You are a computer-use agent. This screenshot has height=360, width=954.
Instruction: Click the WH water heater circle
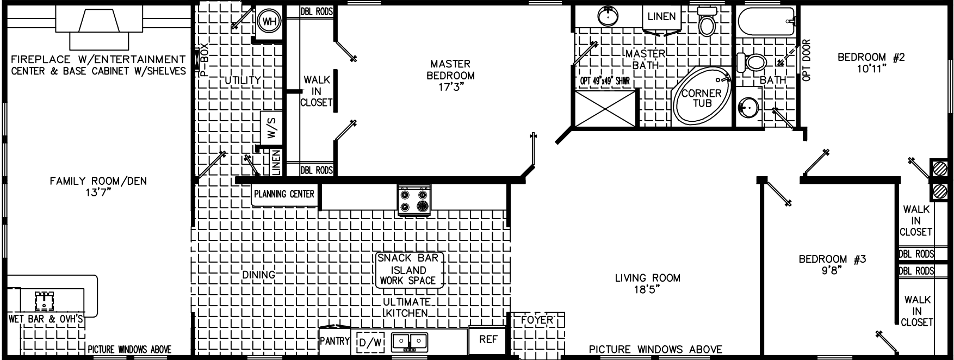[268, 22]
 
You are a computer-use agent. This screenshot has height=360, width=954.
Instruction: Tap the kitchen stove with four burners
[414, 200]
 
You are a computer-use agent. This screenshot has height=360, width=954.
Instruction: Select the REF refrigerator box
[488, 340]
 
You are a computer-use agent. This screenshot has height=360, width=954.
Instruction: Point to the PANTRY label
[334, 341]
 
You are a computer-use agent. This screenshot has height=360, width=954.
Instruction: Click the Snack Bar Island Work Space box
[408, 270]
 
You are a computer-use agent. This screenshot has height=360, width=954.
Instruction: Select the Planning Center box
[284, 194]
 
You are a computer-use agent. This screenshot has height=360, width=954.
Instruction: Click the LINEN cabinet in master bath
[661, 17]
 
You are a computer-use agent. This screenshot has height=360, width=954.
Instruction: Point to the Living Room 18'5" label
[647, 284]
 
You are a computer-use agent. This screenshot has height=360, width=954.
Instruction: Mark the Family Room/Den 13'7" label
[98, 187]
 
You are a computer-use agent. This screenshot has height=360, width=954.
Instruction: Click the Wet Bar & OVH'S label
[46, 319]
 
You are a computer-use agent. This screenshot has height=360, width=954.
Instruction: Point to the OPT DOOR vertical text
[806, 60]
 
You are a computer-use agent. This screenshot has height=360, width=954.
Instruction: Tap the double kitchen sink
[410, 340]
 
